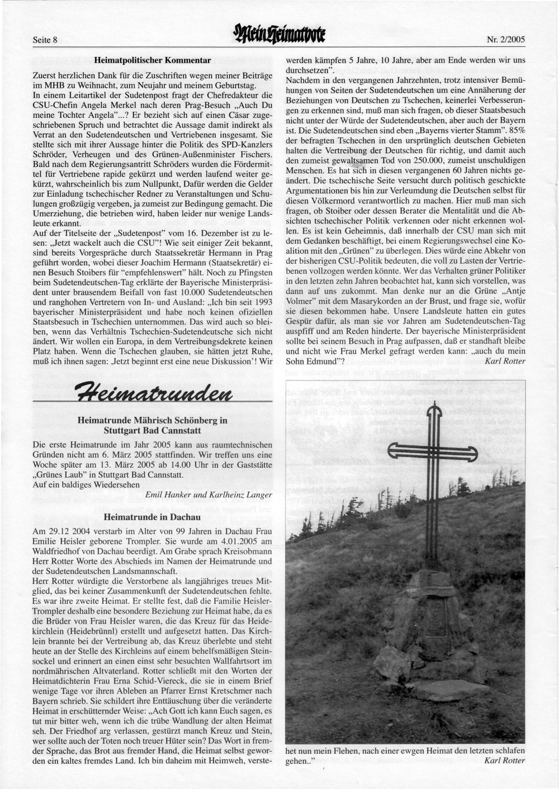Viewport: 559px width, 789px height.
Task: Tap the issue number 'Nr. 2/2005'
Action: (506, 40)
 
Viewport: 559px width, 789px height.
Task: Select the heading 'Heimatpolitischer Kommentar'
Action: (153, 59)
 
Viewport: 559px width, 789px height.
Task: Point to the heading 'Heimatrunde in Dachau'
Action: (153, 517)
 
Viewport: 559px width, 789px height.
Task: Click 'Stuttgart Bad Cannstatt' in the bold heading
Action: (153, 431)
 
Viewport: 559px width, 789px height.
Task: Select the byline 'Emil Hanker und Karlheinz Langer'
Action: (209, 495)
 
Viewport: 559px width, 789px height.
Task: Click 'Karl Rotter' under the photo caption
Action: (505, 760)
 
